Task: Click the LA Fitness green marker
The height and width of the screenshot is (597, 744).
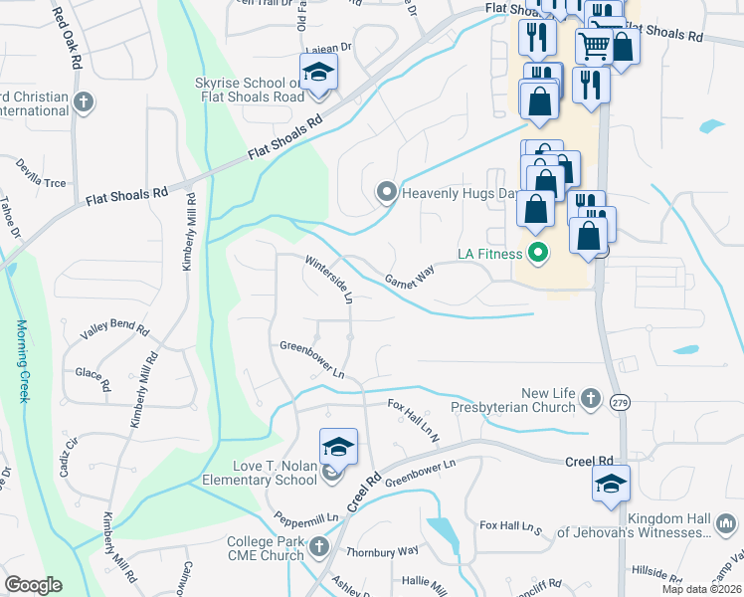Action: (539, 254)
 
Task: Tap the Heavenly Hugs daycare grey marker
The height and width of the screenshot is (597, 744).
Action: (386, 190)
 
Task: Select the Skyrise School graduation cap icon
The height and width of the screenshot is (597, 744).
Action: (319, 73)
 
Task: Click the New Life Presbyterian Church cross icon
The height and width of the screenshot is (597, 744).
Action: (591, 399)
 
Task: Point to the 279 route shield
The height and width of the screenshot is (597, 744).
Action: (621, 402)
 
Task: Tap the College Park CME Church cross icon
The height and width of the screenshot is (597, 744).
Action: (318, 545)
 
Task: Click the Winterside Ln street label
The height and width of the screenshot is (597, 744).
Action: (329, 281)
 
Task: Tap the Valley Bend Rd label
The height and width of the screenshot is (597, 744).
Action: (114, 329)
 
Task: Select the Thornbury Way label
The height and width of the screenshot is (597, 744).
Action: (382, 550)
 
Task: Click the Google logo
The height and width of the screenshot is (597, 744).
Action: (34, 584)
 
